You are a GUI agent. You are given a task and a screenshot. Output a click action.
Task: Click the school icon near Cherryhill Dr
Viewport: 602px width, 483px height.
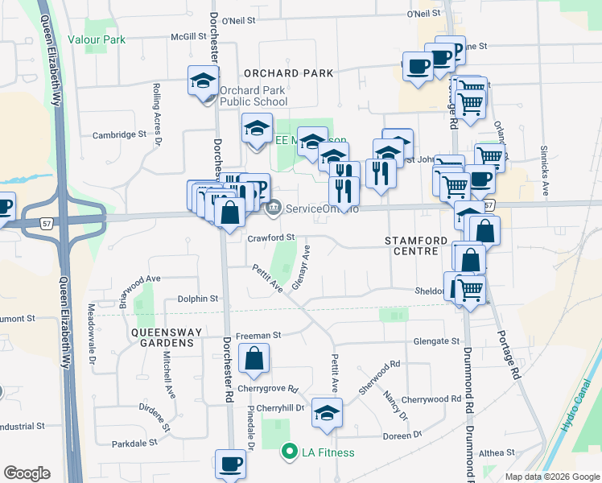tap(327, 413)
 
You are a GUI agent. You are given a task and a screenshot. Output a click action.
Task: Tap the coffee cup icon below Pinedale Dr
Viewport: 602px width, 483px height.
tap(231, 464)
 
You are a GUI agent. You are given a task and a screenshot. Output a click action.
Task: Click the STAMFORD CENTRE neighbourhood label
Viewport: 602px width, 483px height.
tap(411, 246)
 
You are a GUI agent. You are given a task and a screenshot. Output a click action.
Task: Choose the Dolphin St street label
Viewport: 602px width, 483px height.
tap(198, 299)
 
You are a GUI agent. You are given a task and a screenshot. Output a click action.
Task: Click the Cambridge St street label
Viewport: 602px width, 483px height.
tap(118, 135)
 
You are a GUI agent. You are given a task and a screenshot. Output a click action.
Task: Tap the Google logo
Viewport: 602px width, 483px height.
tap(27, 473)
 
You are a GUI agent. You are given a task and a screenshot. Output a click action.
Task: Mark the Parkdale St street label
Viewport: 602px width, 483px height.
tap(134, 444)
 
